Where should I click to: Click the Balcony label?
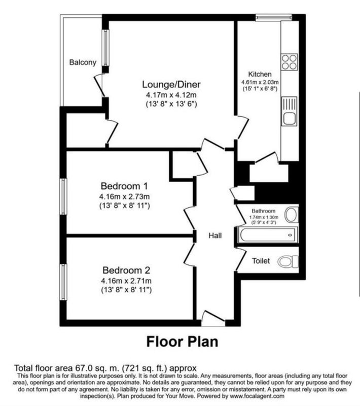(83, 62)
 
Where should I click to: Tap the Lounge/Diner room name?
(171, 84)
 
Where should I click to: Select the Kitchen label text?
(260, 74)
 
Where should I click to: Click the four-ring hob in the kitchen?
(290, 62)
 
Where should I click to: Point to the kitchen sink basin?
(290, 119)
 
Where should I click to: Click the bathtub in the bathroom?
(268, 235)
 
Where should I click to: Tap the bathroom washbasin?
(292, 215)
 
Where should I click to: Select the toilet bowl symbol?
(288, 261)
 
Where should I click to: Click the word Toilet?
(261, 261)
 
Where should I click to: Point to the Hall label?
(215, 235)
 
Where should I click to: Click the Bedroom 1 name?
(124, 186)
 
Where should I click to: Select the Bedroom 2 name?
(126, 270)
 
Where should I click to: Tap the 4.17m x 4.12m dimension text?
(171, 95)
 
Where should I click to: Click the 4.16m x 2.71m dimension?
(126, 281)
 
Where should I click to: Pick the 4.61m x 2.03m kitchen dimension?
(260, 83)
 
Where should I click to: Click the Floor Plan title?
(183, 342)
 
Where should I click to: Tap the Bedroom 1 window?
(63, 196)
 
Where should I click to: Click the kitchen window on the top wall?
(274, 18)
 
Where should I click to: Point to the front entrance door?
(213, 318)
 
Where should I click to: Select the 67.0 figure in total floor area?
(83, 368)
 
